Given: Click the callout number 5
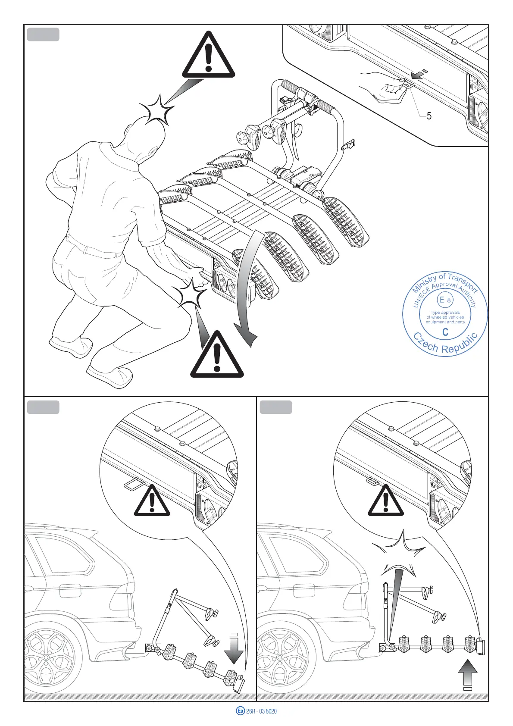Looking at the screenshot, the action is (x=429, y=116).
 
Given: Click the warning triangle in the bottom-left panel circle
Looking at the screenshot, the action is (x=152, y=502).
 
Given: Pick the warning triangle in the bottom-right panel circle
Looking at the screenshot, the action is (x=385, y=502).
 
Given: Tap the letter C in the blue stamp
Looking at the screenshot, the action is (x=445, y=332).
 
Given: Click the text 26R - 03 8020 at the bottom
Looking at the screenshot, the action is (x=261, y=711).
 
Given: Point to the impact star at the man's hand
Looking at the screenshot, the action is (x=191, y=292).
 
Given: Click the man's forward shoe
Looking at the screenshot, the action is (x=110, y=374).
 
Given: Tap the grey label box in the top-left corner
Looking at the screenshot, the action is (x=43, y=34).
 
